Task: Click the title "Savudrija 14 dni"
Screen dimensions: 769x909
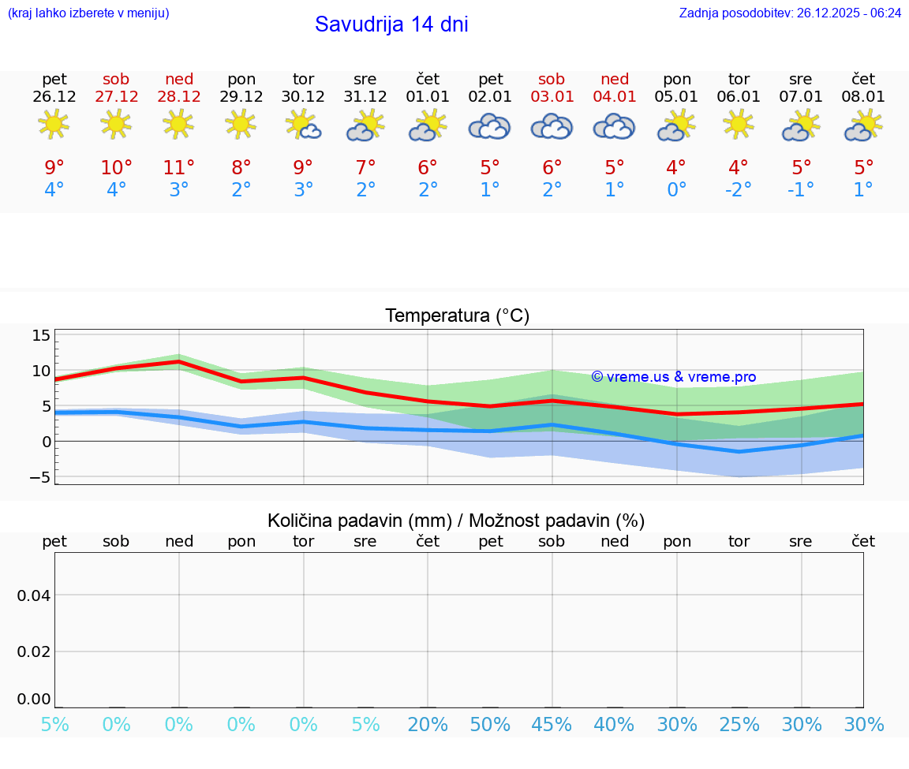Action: tap(391, 24)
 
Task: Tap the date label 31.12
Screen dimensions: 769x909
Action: tap(365, 97)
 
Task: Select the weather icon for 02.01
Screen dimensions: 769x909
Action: tap(489, 126)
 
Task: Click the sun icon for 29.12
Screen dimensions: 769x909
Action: tap(241, 124)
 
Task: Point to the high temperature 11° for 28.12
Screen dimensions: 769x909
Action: tap(178, 167)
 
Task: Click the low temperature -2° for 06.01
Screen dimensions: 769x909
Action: tap(739, 190)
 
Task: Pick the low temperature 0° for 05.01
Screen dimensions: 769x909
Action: tap(676, 190)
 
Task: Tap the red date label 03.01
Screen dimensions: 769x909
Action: tap(552, 97)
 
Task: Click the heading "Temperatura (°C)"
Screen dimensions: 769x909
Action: tap(457, 316)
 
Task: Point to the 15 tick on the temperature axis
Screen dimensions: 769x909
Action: tap(41, 336)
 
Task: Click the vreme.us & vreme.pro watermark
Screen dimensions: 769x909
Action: tap(674, 377)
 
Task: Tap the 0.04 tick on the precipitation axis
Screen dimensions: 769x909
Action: tap(34, 595)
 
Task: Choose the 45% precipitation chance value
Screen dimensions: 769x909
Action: tap(552, 725)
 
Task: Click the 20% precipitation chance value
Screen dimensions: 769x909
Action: tap(428, 725)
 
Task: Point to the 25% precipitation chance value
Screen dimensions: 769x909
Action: tap(739, 725)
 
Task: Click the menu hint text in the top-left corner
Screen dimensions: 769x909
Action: tap(88, 13)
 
